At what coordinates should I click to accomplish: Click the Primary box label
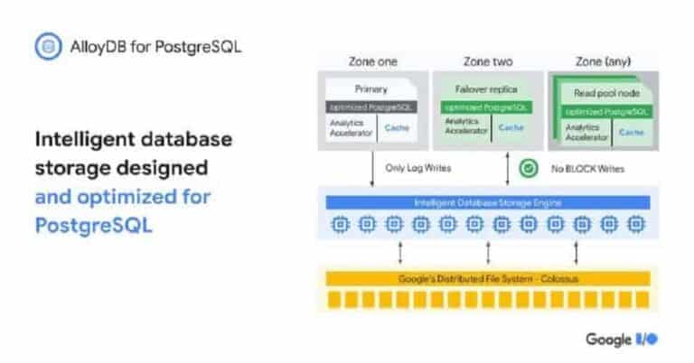pos(371,89)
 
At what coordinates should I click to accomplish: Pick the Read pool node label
pos(605,93)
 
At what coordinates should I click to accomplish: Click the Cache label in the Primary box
pos(396,128)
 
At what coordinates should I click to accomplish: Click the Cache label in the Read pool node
pos(631,132)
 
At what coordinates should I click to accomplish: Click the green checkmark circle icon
pos(528,168)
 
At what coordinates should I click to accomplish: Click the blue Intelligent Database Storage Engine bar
pos(488,202)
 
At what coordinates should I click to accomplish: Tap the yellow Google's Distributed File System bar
pos(488,278)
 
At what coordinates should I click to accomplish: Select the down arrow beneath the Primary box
pos(372,170)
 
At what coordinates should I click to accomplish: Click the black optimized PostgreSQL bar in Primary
pos(371,107)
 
